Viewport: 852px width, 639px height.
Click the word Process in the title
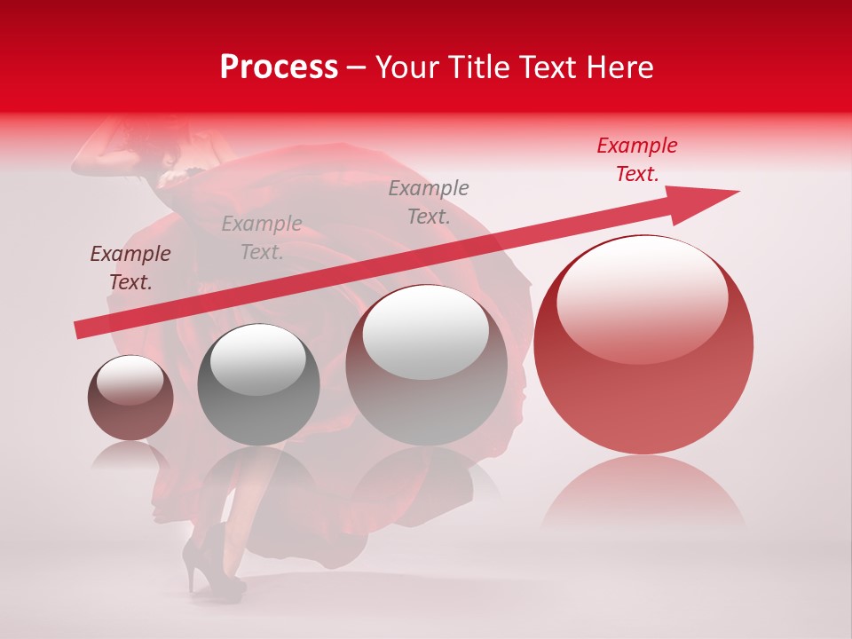(279, 67)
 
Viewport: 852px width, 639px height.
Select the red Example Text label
(636, 160)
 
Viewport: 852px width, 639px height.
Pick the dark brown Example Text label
(130, 268)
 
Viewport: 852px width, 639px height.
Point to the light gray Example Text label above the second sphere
(262, 238)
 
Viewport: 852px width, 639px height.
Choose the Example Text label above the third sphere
(429, 202)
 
